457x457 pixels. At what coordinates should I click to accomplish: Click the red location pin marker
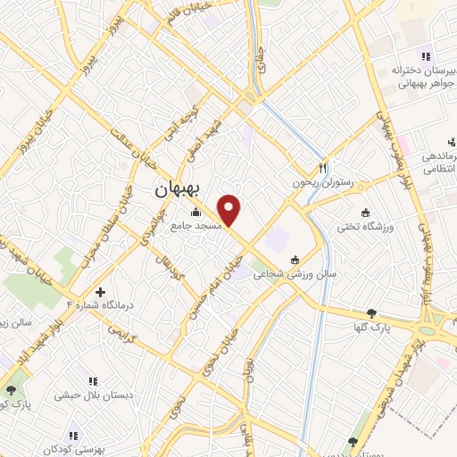[230, 210]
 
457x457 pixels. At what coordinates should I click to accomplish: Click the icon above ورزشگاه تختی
[365, 212]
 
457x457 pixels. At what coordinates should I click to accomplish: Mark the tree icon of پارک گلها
[372, 313]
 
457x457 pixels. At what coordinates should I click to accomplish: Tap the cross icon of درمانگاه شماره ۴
[100, 292]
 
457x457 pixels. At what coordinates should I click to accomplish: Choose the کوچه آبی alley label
[171, 125]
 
